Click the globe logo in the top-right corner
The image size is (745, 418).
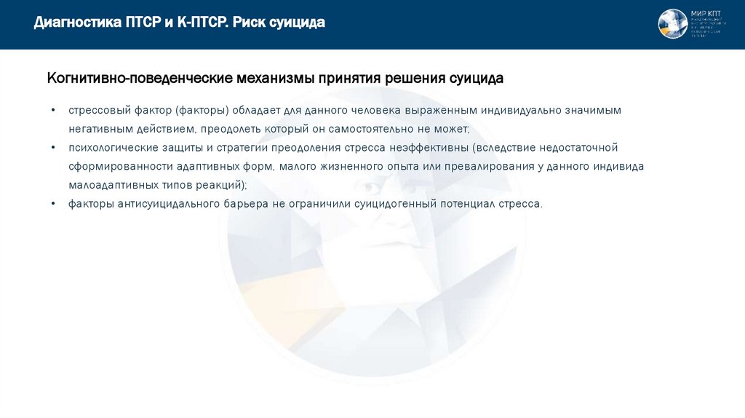[x=673, y=24]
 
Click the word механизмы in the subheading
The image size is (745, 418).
[x=271, y=78]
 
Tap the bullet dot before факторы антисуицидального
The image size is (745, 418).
[x=53, y=204]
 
